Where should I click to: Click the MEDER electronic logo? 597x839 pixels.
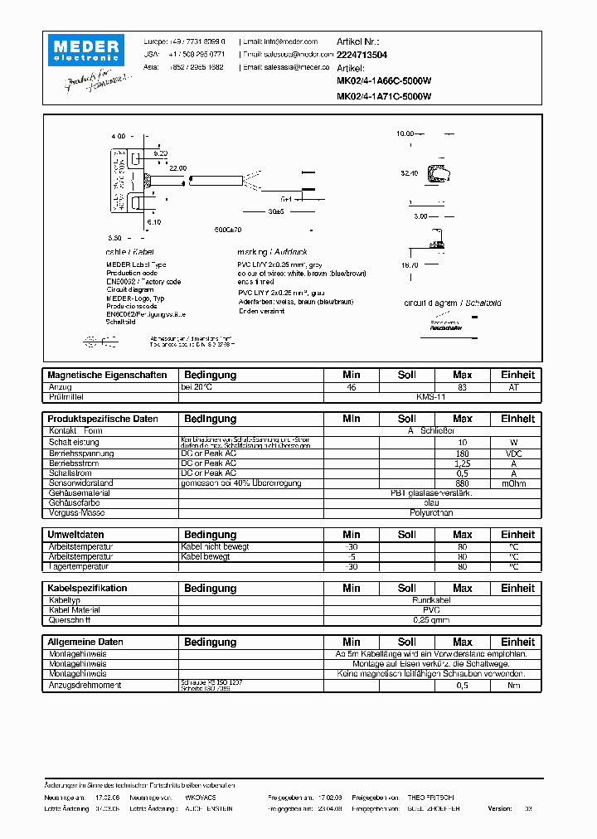85,50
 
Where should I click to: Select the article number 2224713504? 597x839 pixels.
362,54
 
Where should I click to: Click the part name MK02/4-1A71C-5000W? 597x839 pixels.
384,95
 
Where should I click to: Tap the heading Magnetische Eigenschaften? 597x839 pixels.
107,375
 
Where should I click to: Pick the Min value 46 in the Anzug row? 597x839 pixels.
352,387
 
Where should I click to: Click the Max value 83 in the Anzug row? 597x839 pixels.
463,387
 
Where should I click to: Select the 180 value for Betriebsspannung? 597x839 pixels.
463,453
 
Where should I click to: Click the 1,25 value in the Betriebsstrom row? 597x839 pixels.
463,463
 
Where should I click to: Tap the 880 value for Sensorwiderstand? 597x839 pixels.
463,483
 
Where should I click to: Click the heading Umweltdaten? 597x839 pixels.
75,535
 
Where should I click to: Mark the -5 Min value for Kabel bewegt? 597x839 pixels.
352,556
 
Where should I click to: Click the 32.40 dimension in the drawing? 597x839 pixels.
410,173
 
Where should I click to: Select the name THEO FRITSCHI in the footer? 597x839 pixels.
432,796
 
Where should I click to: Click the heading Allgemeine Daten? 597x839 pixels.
85,642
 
